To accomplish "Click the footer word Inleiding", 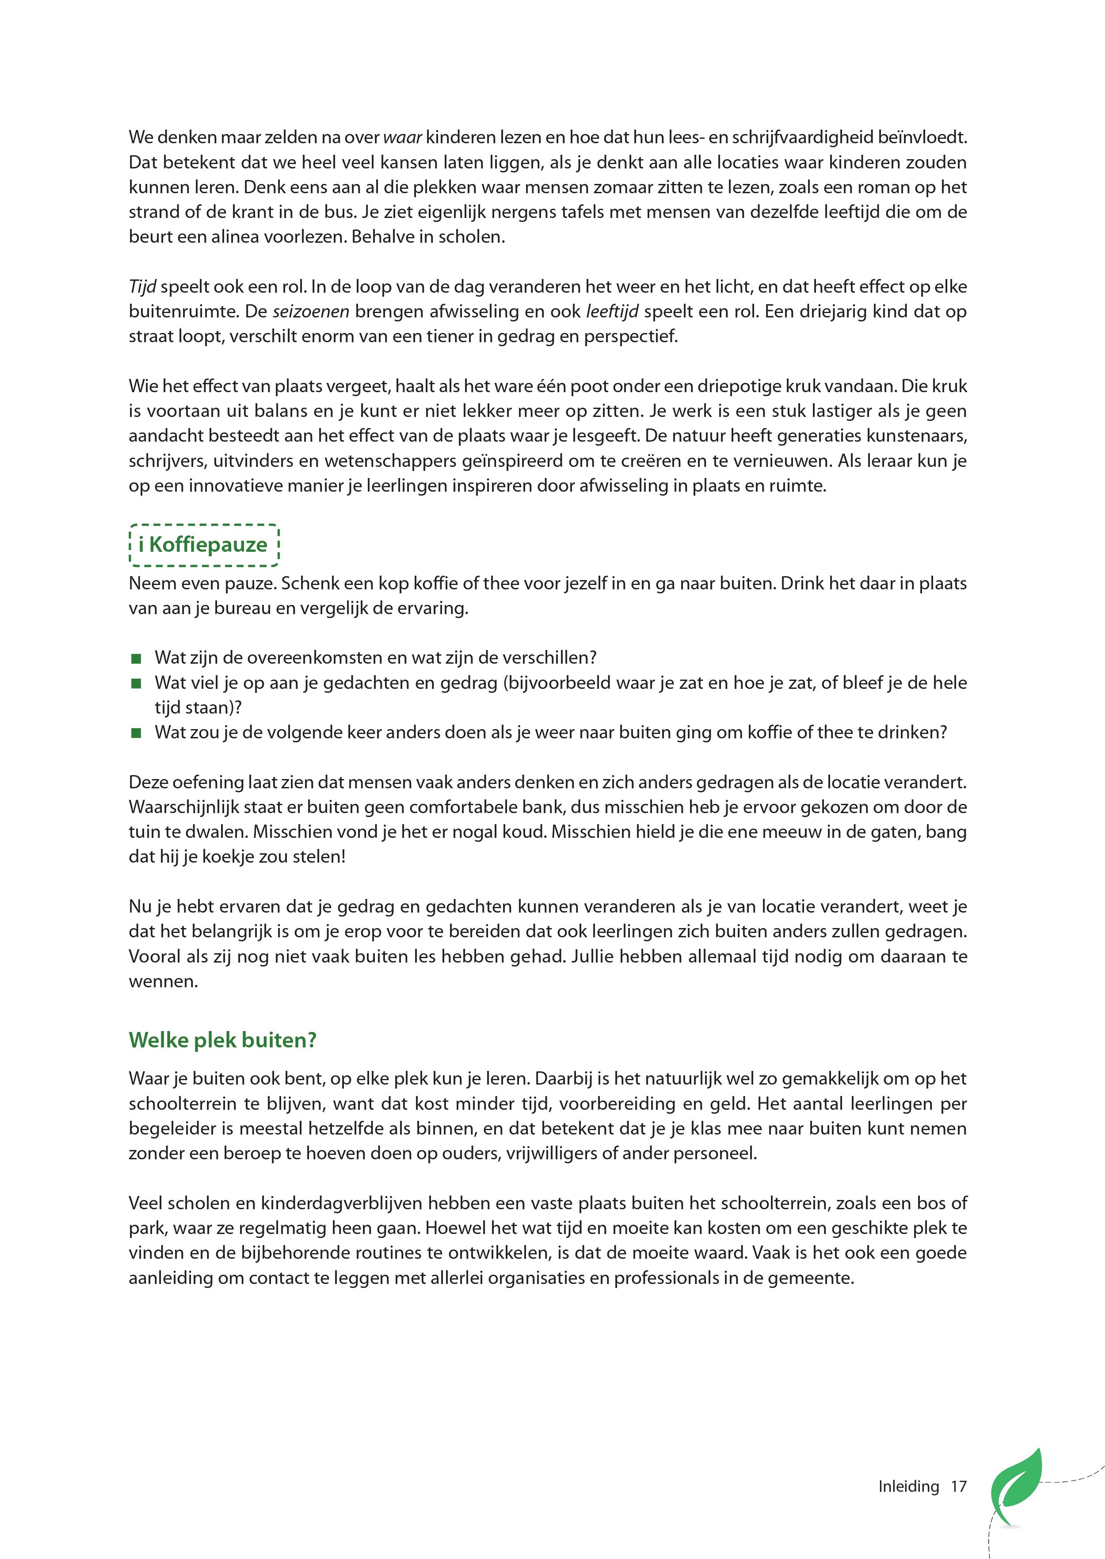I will click(908, 1486).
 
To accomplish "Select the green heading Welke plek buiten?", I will click(222, 1040).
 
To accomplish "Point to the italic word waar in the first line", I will click(403, 138).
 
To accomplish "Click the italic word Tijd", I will click(142, 287).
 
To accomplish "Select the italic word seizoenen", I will click(311, 312).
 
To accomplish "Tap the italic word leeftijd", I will click(612, 312).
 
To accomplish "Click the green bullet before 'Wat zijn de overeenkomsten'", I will click(136, 658).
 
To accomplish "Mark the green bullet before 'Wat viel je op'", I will click(136, 683).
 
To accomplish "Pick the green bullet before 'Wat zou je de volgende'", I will click(136, 733).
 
